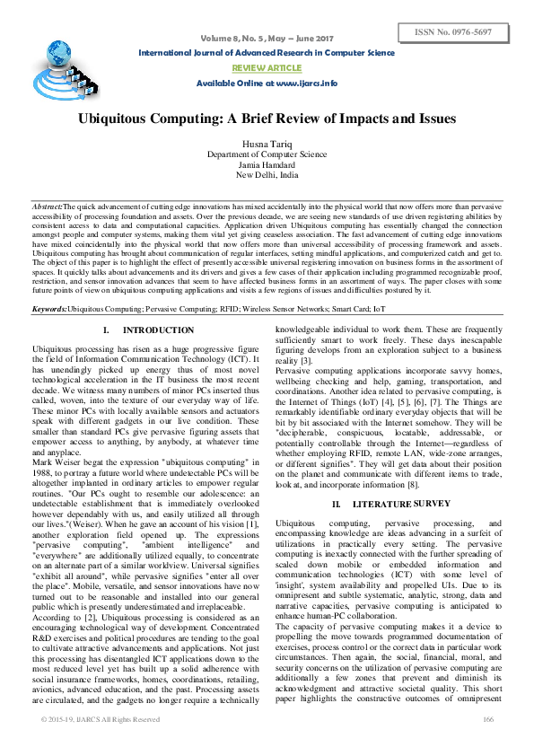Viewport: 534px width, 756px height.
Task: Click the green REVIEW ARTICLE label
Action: pyautogui.click(x=267, y=67)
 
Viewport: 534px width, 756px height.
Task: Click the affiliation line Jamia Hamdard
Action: pyautogui.click(x=267, y=165)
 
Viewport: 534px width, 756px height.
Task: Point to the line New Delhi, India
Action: pyautogui.click(x=267, y=175)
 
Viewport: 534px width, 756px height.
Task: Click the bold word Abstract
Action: pyautogui.click(x=47, y=207)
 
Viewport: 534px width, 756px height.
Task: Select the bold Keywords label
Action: pyautogui.click(x=49, y=308)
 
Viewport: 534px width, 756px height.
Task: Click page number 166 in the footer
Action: pyautogui.click(x=488, y=744)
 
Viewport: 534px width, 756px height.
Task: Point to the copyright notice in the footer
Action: pyautogui.click(x=101, y=744)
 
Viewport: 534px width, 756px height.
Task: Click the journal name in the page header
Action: pyautogui.click(x=267, y=53)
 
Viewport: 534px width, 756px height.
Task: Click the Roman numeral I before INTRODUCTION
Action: pyautogui.click(x=106, y=331)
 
